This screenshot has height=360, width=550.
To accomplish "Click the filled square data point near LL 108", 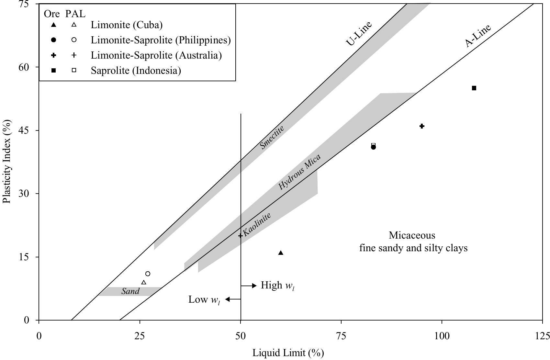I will (x=474, y=88).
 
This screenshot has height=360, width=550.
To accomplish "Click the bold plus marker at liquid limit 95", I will (x=422, y=126).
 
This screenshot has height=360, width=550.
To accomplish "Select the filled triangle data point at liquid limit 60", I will (x=281, y=253).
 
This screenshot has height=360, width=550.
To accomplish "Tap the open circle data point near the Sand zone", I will (x=148, y=274).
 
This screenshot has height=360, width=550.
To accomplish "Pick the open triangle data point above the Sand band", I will (x=144, y=282).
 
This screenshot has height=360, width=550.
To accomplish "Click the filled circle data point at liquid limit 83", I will (x=373, y=147).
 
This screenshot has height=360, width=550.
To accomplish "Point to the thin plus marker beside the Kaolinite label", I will (x=240, y=236).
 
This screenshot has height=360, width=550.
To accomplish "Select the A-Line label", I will (x=478, y=36).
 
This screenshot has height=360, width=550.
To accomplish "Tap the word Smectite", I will (x=272, y=137).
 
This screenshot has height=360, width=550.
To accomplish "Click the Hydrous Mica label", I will (x=299, y=172).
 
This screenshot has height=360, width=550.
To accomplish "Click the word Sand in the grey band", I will (x=130, y=291).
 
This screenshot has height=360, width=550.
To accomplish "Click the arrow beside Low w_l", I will (x=233, y=299).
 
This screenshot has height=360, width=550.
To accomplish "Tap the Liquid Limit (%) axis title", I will (x=288, y=353).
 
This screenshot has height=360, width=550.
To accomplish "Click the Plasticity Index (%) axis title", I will (x=7, y=162).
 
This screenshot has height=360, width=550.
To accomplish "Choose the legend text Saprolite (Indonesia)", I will (x=136, y=70).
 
